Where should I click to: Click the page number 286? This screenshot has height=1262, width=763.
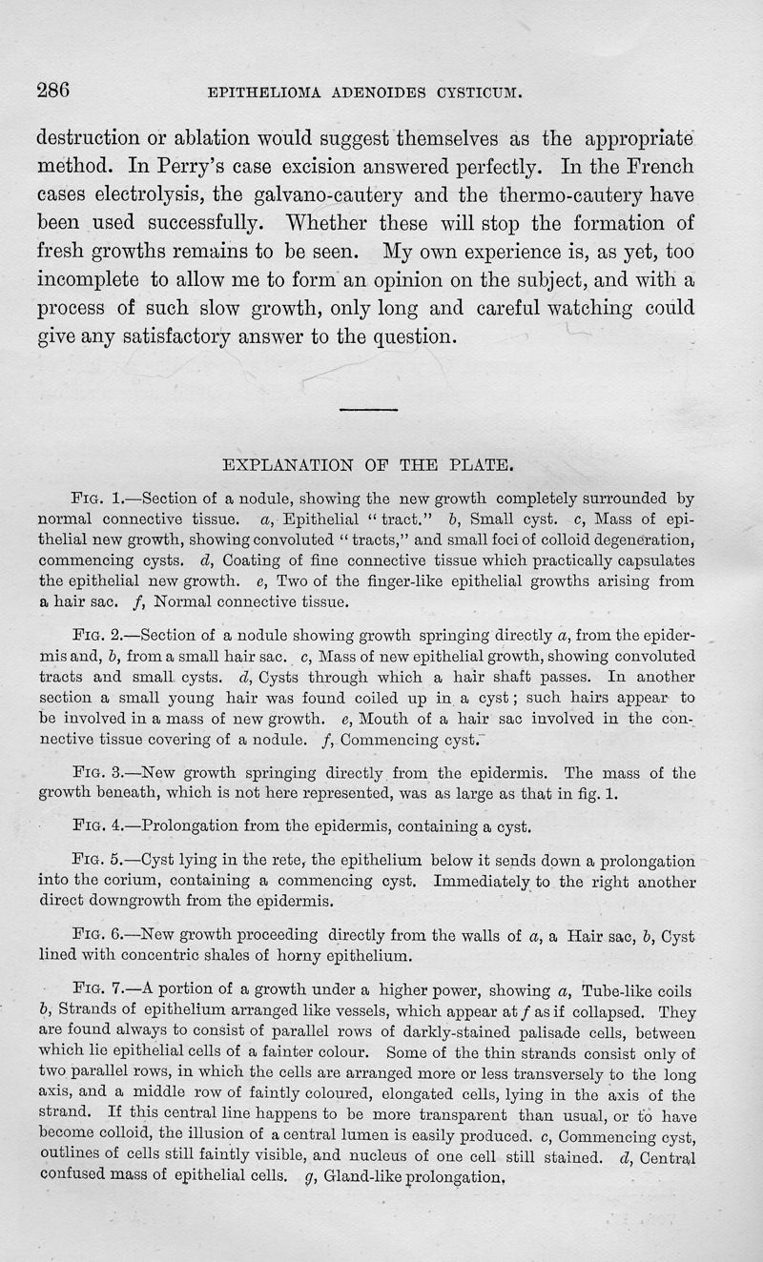point(53,91)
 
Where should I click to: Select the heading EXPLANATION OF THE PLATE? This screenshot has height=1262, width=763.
point(368,466)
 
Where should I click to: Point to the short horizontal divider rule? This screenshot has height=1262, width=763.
point(368,409)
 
